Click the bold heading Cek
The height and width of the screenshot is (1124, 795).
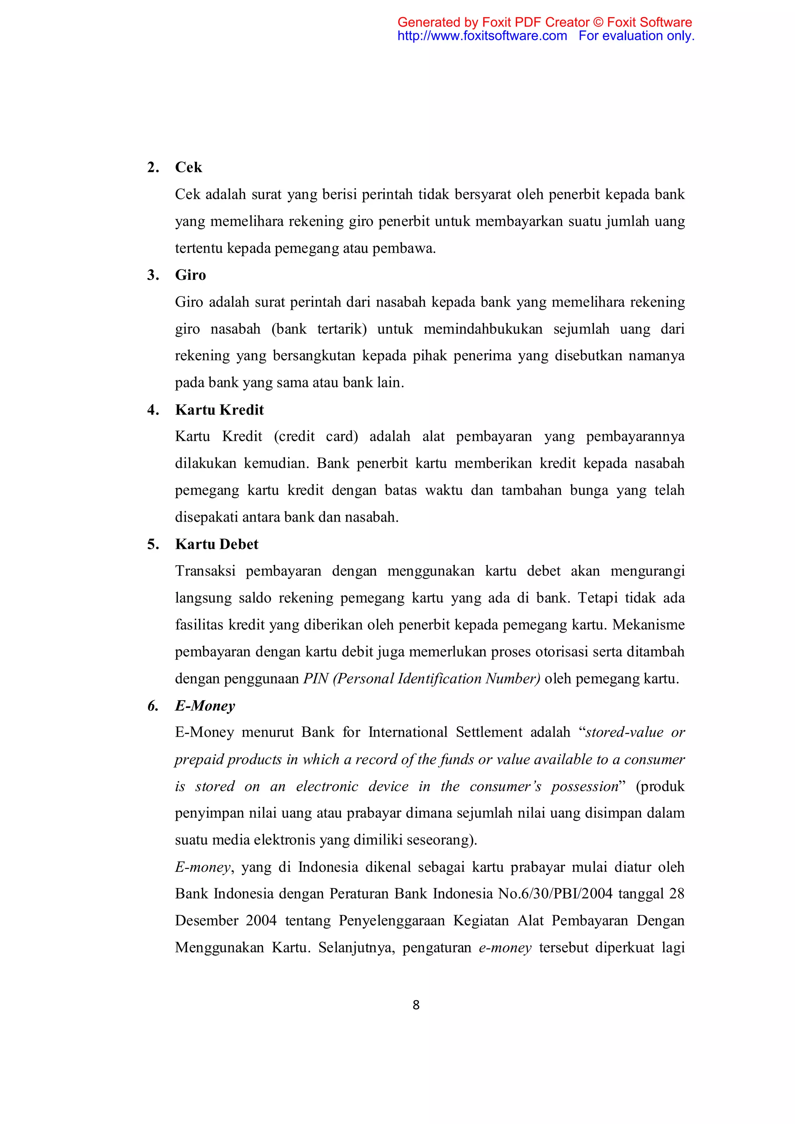coord(189,167)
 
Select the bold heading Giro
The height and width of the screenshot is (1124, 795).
coord(191,275)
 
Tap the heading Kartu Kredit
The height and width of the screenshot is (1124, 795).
coord(219,410)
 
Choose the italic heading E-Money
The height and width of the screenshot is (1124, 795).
coord(205,706)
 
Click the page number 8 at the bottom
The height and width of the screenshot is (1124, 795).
coord(416,1005)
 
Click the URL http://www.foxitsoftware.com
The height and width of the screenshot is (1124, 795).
coord(482,36)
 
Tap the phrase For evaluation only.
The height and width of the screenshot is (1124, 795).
coord(636,36)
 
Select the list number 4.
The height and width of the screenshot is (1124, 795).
coord(153,410)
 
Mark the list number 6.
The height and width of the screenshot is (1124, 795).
coord(153,706)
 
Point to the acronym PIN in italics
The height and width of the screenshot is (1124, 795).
coord(315,679)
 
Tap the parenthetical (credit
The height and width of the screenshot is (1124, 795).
coord(294,437)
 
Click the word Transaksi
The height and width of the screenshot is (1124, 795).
coord(205,571)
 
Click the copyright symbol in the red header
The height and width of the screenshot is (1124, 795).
coord(598,23)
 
